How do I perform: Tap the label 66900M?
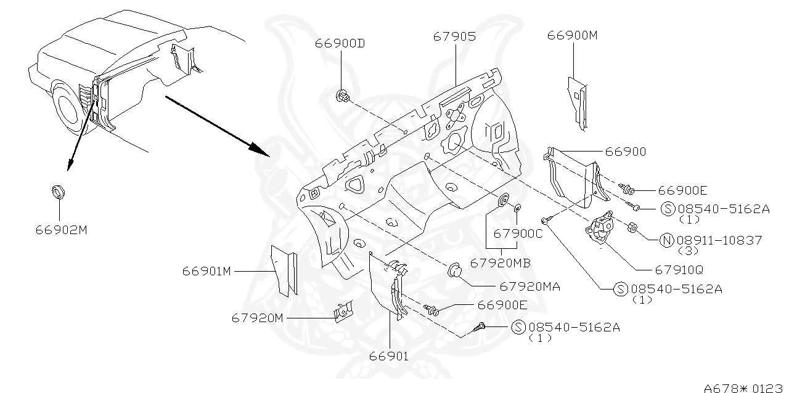click(573, 35)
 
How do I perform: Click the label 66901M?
click(206, 271)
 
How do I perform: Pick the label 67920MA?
click(529, 286)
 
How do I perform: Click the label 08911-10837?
click(719, 240)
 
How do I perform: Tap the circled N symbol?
click(666, 240)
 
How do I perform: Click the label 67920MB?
click(500, 263)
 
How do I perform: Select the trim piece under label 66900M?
click(576, 102)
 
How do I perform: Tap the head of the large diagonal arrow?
click(262, 150)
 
